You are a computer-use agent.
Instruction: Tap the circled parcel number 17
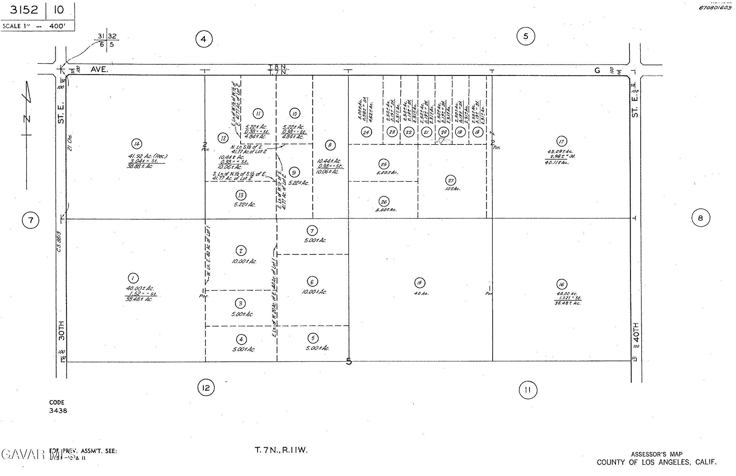[x=562, y=142]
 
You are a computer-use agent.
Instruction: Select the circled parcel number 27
[x=451, y=181]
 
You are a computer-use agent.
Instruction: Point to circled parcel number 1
[x=133, y=278]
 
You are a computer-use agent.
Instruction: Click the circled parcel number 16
[x=562, y=284]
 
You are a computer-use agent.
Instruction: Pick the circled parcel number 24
[x=366, y=133]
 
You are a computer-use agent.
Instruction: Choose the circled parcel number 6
[x=312, y=282]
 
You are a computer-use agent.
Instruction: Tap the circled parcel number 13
[x=241, y=195]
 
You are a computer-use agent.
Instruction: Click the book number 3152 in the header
[x=24, y=10]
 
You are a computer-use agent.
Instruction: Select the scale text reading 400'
[x=57, y=26]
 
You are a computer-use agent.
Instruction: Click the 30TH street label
[x=61, y=330]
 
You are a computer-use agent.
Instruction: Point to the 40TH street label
[x=636, y=332]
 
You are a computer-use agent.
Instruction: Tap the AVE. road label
[x=99, y=70]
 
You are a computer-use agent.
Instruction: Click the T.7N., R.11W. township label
[x=281, y=450]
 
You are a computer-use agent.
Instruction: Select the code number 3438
[x=58, y=411]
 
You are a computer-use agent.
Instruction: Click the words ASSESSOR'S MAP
[x=657, y=454]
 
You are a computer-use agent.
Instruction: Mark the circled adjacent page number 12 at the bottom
[x=206, y=388]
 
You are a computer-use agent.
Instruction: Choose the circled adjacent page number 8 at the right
[x=700, y=218]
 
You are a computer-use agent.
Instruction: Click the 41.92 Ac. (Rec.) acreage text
[x=147, y=156]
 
